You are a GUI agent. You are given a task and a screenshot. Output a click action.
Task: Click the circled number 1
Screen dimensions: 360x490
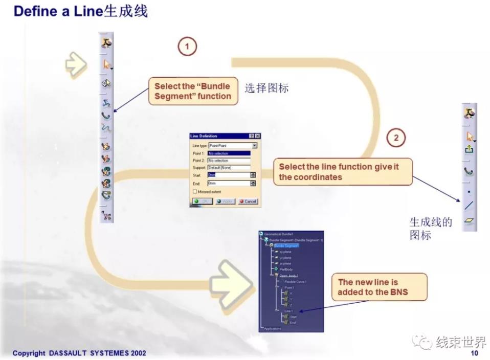coord(187,47)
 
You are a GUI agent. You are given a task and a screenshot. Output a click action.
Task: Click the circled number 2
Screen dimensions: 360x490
coord(396,138)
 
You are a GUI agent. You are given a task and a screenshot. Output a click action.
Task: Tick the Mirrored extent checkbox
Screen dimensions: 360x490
coord(195,191)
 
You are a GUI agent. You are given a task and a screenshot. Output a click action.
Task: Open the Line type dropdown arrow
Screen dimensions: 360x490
coord(254,146)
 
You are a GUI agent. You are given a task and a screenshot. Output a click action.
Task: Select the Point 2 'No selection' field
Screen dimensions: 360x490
coord(229,161)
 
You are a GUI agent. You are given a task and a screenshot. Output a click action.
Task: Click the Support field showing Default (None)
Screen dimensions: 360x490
coord(229,168)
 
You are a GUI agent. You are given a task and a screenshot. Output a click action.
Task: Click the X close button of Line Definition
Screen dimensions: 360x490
coord(257,136)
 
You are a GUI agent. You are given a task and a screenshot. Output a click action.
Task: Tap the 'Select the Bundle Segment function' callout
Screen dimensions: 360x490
coord(193,91)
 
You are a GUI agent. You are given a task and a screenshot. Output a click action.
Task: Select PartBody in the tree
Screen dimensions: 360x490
coord(286,269)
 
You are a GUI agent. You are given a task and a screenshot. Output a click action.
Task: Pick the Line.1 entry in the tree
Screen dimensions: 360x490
coord(288,311)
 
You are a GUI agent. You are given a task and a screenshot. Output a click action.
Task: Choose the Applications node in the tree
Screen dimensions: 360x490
coord(273,328)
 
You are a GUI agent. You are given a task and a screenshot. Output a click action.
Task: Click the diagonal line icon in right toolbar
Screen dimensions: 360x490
coord(469,206)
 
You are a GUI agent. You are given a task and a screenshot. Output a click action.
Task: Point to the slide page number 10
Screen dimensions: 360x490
coord(474,353)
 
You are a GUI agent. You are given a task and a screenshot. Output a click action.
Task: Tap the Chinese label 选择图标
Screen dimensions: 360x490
coord(266,88)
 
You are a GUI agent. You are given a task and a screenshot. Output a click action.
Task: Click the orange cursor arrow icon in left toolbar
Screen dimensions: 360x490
coord(107,64)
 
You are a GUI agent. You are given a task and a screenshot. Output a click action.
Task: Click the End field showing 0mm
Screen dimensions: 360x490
coord(228,183)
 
